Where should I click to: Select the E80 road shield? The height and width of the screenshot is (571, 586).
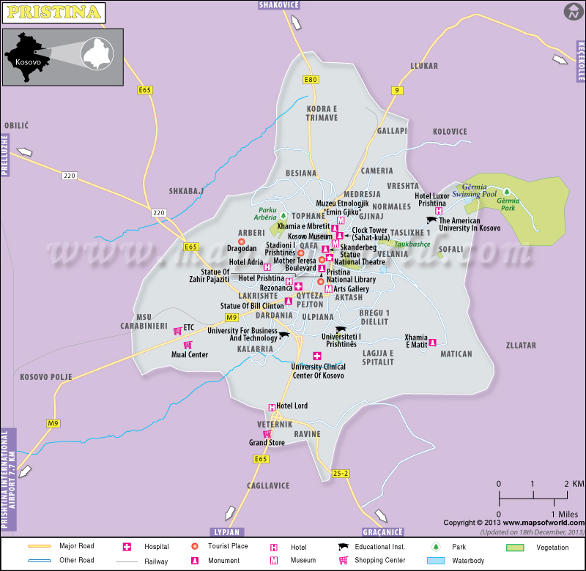pyautogui.click(x=311, y=80)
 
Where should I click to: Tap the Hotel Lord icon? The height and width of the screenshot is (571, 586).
pyautogui.click(x=272, y=406)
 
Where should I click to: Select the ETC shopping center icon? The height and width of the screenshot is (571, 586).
pyautogui.click(x=177, y=331)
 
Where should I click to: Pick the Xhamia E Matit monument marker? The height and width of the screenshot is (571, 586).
pyautogui.click(x=433, y=342)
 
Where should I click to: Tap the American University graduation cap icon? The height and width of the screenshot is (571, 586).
pyautogui.click(x=432, y=220)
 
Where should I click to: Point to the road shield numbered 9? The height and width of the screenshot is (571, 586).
pyautogui.click(x=397, y=91)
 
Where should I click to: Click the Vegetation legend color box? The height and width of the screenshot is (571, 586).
pyautogui.click(x=517, y=547)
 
